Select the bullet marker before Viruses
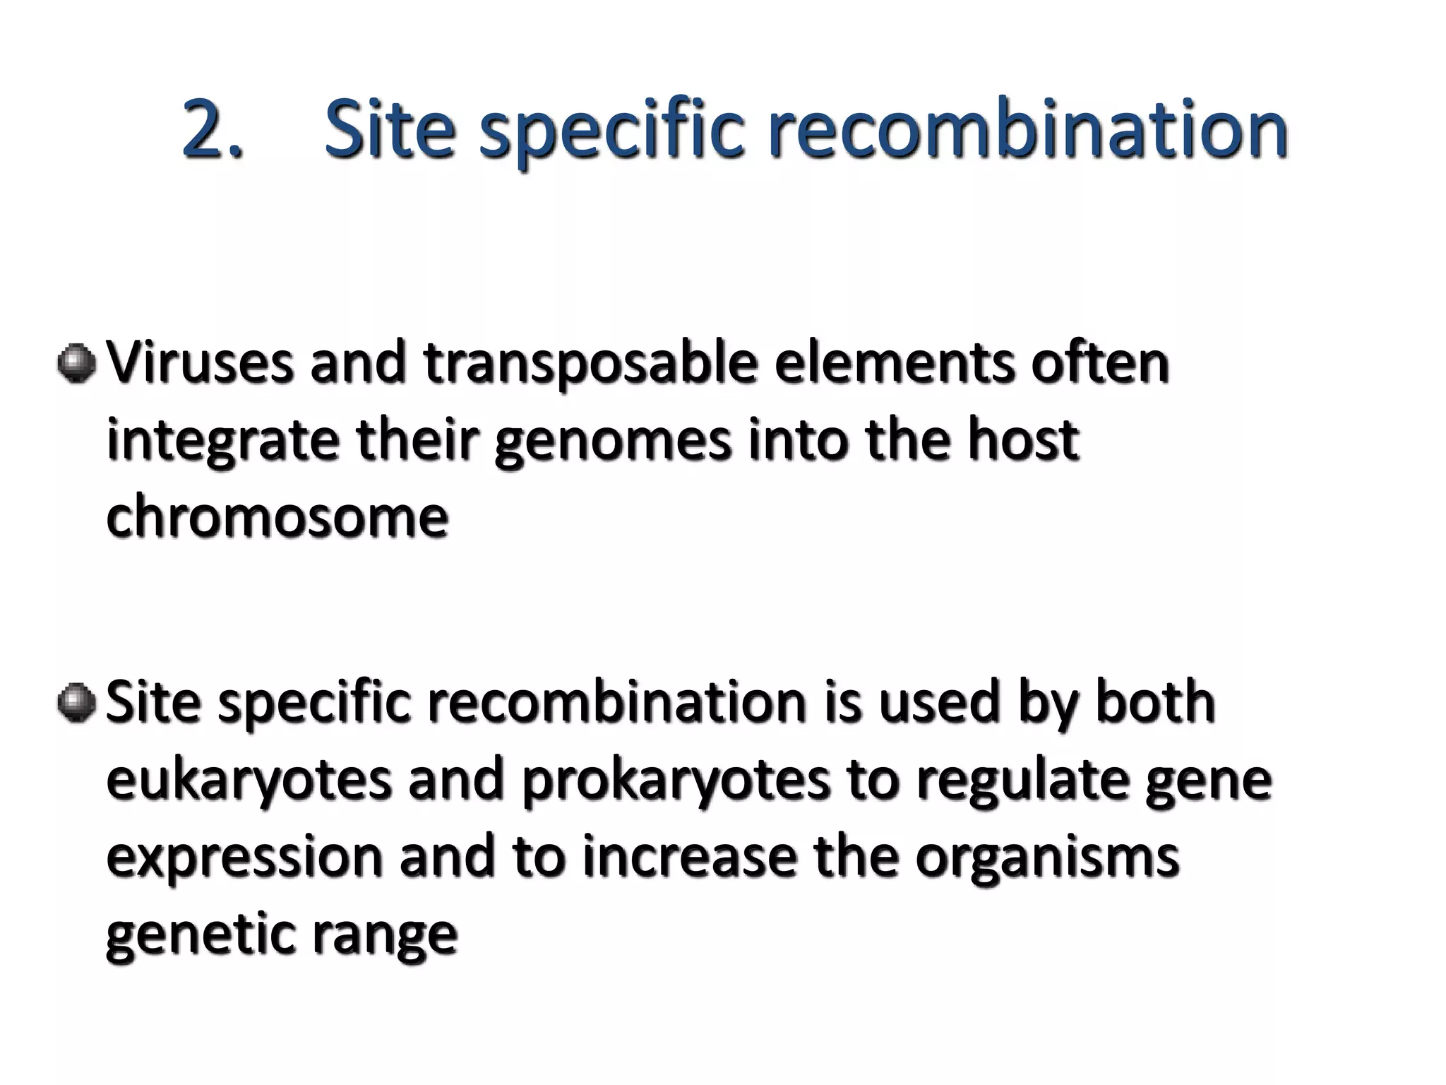click(x=77, y=364)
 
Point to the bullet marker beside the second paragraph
click(x=77, y=704)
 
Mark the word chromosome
click(x=277, y=517)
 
